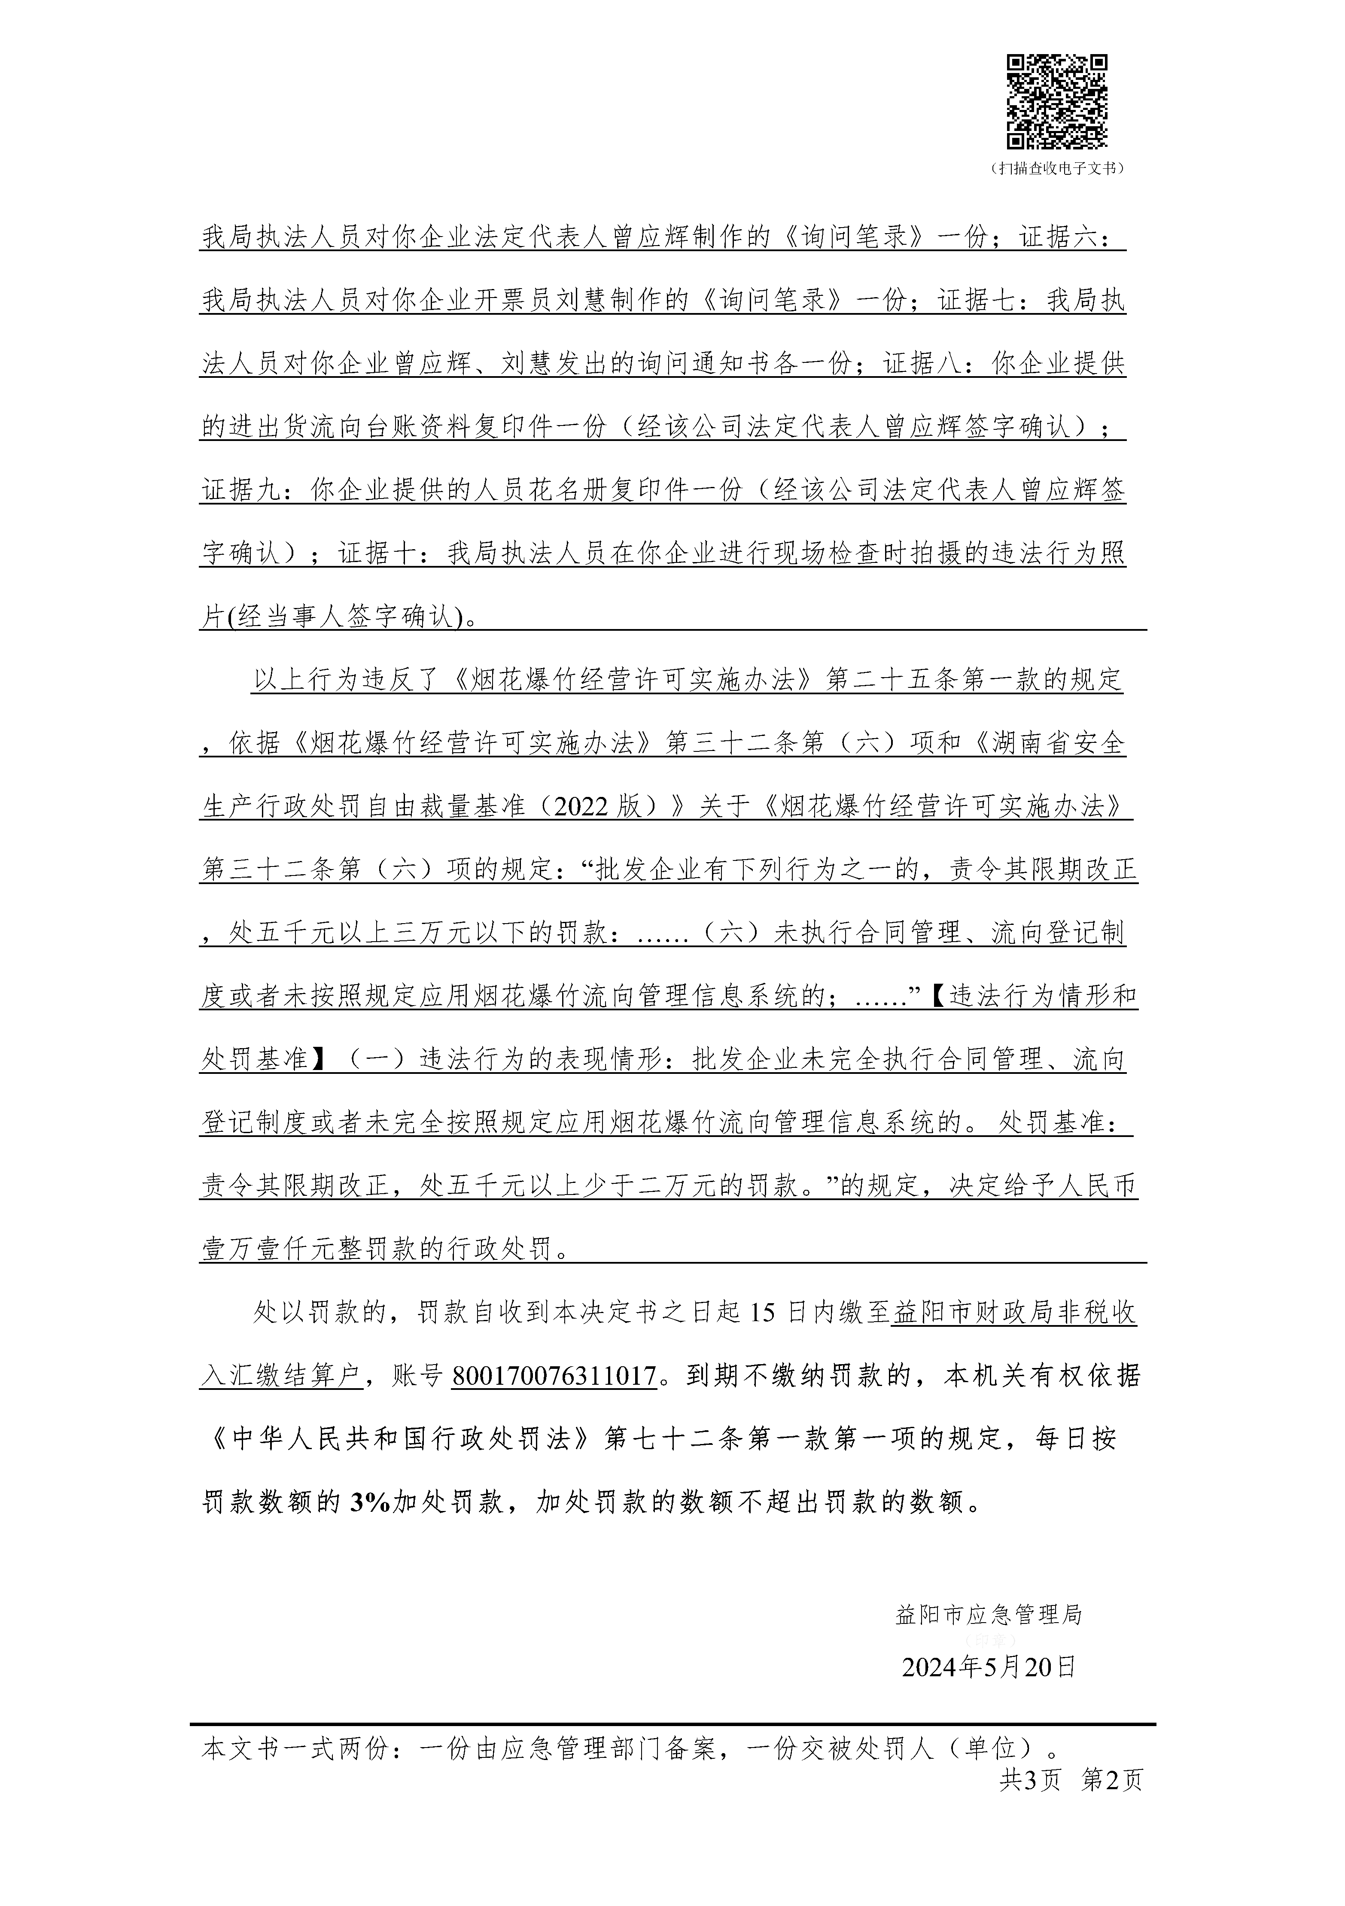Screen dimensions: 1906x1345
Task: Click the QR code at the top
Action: pos(1057,101)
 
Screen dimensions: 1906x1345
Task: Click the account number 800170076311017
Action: pos(554,1377)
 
